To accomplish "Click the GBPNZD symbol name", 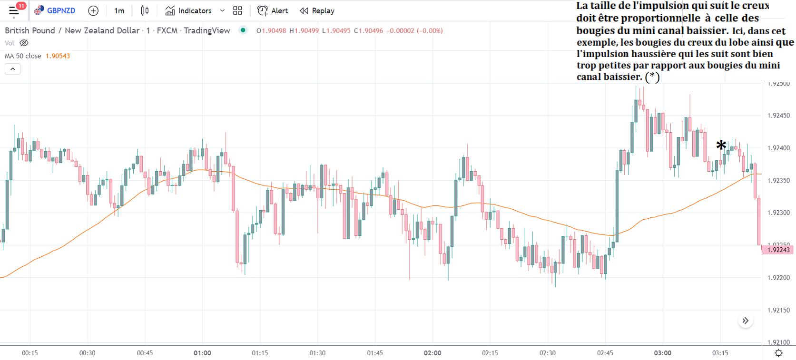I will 61,10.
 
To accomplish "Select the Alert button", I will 273,10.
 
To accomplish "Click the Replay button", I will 317,10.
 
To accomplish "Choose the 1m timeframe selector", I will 119,10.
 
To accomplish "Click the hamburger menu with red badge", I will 14,10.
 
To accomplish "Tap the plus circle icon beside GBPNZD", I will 93,10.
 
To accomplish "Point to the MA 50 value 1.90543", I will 58,56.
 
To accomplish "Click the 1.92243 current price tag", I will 778,250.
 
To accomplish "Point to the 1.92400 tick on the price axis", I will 778,148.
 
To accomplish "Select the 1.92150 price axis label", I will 778,310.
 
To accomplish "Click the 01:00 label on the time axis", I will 202,353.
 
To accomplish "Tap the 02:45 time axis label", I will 605,353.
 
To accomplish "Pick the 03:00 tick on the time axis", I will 662,353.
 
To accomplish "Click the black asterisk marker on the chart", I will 721,145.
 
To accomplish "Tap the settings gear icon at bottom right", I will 778,353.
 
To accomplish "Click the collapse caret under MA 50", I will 13,69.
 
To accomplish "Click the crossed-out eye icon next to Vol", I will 24,43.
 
